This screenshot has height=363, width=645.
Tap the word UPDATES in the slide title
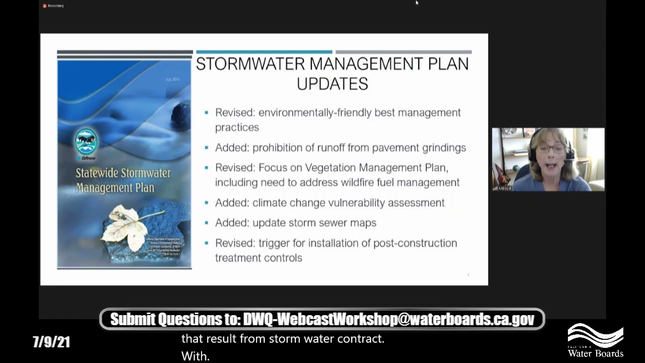[x=332, y=84]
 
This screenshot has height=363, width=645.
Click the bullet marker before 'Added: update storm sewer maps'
[x=207, y=223]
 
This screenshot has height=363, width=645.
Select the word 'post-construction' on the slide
[x=415, y=243]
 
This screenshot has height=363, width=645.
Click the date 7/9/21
[x=51, y=342]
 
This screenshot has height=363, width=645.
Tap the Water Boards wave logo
[x=595, y=335]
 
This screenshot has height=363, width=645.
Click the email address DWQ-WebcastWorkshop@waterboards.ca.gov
[x=389, y=319]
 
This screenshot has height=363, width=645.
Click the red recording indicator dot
[x=45, y=6]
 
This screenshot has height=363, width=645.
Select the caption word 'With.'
[x=195, y=356]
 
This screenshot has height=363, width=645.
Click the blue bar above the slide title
[x=264, y=52]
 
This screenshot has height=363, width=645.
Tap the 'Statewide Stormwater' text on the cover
[x=123, y=173]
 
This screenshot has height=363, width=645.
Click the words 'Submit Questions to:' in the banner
[x=175, y=319]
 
